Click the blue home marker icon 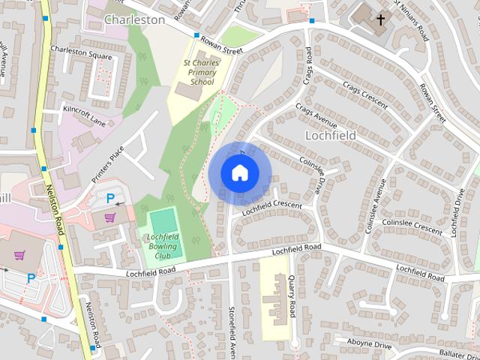point(239,173)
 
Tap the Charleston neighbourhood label point(134,19)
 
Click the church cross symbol point(380,18)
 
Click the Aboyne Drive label point(370,344)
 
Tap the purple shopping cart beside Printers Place point(110,217)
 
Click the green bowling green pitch point(162,222)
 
